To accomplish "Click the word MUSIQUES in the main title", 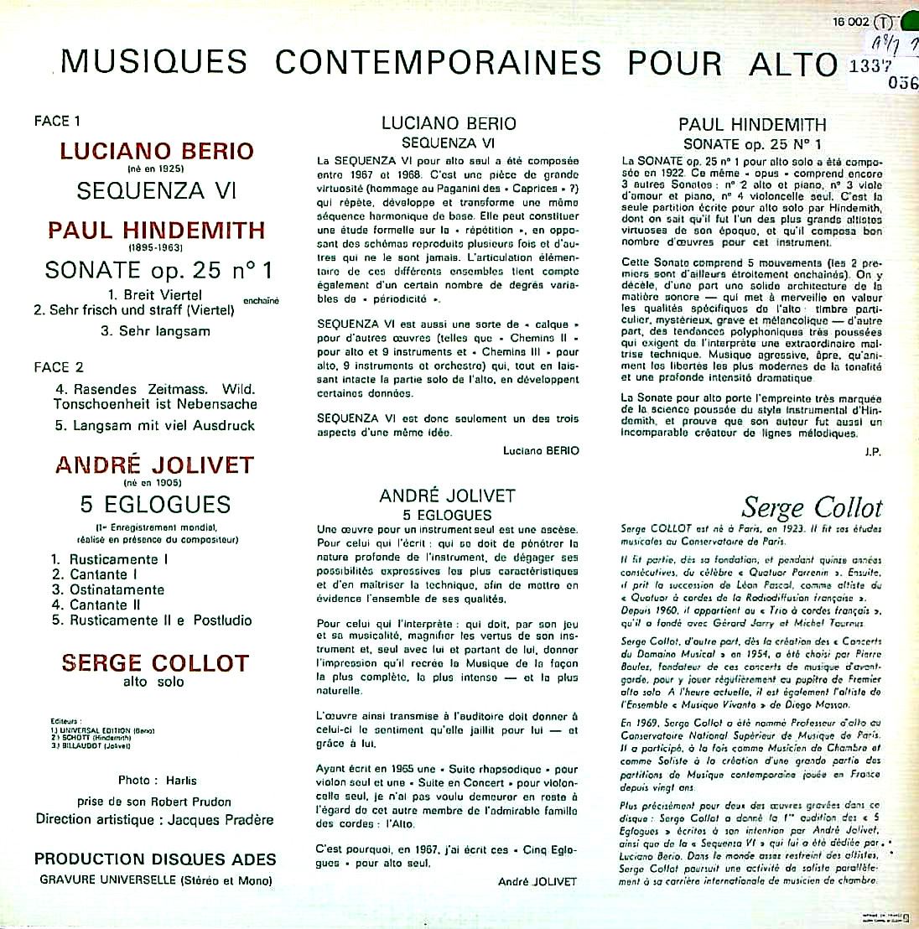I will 154,62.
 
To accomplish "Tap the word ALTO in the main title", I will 792,64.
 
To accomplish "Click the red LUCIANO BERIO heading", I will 156,152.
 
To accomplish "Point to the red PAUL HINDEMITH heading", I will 156,231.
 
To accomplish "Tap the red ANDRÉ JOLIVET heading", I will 154,465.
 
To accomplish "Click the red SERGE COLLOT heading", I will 154,663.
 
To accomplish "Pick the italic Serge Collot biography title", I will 812,507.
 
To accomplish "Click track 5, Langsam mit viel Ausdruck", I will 154,425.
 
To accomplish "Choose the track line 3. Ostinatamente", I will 107,589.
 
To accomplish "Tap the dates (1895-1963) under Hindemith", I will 155,248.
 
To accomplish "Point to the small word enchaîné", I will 261,301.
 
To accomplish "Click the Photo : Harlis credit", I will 157,780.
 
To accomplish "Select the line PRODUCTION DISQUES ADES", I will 155,859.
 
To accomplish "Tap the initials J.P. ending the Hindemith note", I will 872,453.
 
